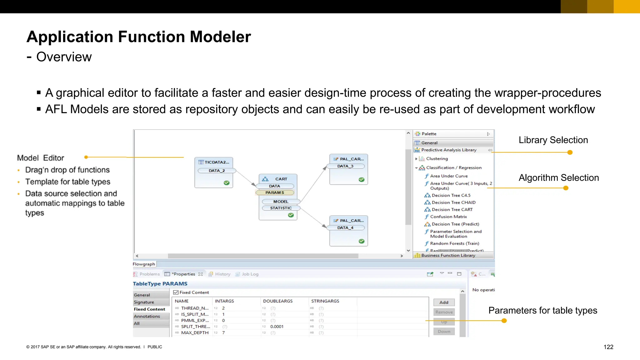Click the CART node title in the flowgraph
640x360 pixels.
coord(281,179)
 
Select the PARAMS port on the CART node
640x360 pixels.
coord(275,192)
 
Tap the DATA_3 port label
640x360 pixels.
coord(345,166)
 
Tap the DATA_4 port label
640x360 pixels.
coord(345,228)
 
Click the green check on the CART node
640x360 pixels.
coord(291,215)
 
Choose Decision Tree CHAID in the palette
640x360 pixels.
coord(453,202)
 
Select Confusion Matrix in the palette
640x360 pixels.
coord(448,217)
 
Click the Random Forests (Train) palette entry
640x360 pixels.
coord(454,243)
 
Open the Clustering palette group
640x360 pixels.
coord(437,159)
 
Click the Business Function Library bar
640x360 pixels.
coord(448,255)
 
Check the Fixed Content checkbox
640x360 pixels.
coord(176,292)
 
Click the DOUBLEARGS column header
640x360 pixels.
coord(277,301)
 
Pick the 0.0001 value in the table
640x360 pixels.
coord(277,327)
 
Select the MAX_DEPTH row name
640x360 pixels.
coord(194,332)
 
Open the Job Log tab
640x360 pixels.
coord(250,274)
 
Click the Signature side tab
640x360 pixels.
coord(144,302)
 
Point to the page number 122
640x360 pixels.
coord(608,347)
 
